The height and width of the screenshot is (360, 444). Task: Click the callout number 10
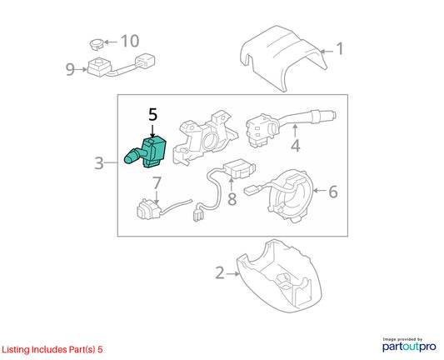130,41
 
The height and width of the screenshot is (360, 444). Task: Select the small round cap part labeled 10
97,44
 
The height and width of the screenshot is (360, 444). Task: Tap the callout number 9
70,70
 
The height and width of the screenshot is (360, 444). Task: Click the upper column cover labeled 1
283,57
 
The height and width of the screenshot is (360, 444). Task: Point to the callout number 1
340,48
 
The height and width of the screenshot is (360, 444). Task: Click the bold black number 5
152,114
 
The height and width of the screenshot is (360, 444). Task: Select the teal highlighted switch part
146,152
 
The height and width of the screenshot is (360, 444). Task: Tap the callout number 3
99,163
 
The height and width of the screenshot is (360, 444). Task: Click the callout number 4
296,146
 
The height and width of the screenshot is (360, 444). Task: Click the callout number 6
333,192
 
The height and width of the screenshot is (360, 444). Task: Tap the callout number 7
157,182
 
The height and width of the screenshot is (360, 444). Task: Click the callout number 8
232,199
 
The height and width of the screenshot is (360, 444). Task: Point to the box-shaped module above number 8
240,168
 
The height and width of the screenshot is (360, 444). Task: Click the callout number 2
220,273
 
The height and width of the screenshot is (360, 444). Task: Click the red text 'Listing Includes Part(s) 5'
52,349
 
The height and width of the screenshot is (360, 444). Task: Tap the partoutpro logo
409,345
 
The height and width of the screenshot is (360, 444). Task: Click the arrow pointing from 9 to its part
82,69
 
